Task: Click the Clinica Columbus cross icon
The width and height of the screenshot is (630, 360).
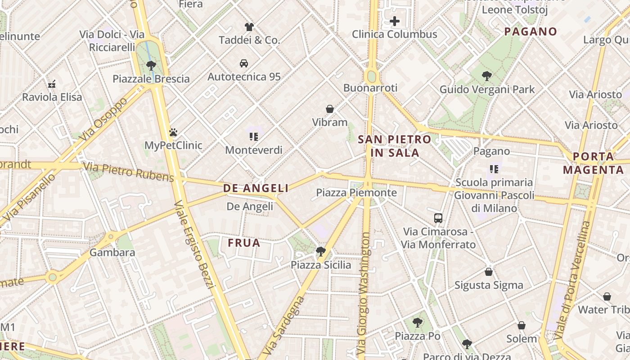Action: tap(395, 21)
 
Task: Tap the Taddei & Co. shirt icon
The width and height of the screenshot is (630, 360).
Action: tap(249, 27)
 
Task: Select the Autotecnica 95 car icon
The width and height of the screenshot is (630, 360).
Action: tap(244, 63)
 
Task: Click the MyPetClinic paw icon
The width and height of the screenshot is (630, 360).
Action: tap(173, 132)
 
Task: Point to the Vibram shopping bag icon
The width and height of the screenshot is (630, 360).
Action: tap(330, 109)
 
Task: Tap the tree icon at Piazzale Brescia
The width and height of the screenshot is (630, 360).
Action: tap(151, 66)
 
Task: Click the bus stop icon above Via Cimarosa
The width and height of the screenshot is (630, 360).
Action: tap(438, 218)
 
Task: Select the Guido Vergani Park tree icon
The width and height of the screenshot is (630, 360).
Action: tap(486, 76)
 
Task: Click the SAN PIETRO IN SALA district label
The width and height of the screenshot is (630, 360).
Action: tap(395, 146)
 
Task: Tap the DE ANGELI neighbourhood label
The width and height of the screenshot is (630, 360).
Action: tap(256, 189)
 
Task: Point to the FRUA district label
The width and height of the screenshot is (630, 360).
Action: tap(244, 243)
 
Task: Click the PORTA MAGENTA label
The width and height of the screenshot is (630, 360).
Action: tap(593, 163)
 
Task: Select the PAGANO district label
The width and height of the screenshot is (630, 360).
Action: tap(531, 31)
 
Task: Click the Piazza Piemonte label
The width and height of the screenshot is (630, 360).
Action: tap(356, 193)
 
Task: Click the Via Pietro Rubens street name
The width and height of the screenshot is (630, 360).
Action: tap(128, 172)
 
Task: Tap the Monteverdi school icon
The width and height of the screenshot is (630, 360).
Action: tap(253, 136)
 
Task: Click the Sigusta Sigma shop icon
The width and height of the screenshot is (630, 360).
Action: tap(489, 272)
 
